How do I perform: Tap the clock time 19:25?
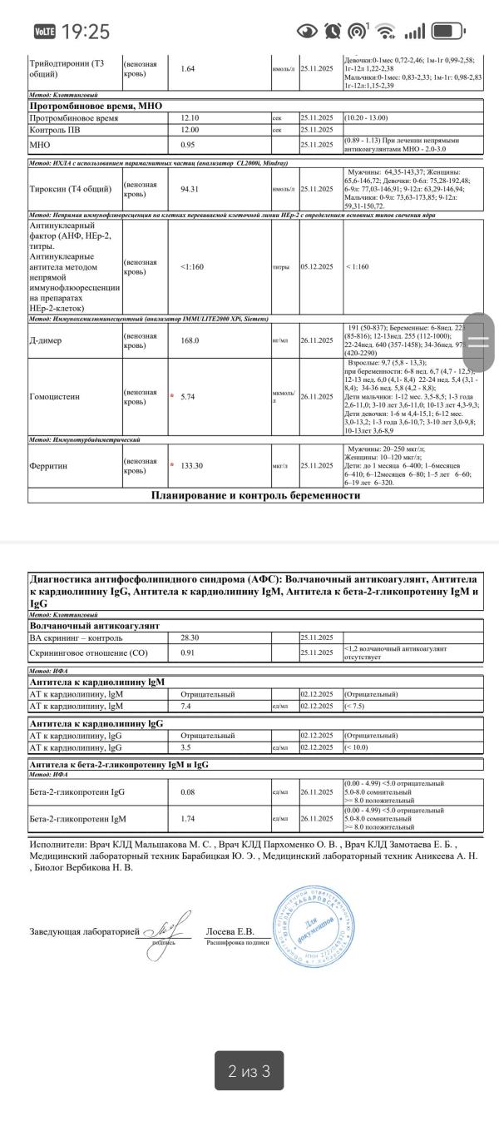[x=86, y=32]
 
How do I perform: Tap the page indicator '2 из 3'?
[x=249, y=1070]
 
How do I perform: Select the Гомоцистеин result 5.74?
[x=193, y=397]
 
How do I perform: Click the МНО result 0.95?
[x=187, y=144]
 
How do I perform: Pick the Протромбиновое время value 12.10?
[x=189, y=118]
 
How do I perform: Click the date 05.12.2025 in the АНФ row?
[x=316, y=268]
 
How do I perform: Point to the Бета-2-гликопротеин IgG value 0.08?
[x=189, y=794]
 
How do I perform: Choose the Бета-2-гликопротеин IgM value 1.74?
[x=189, y=819]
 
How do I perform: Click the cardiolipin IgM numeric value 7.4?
[x=185, y=706]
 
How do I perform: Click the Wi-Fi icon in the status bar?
[x=386, y=32]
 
